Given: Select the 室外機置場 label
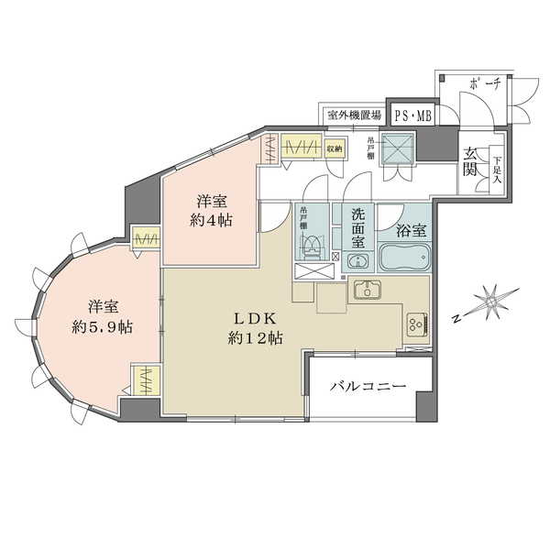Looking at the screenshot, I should [353, 115].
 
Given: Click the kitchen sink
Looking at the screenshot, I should [368, 291].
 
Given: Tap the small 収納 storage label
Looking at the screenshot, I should [335, 148].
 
